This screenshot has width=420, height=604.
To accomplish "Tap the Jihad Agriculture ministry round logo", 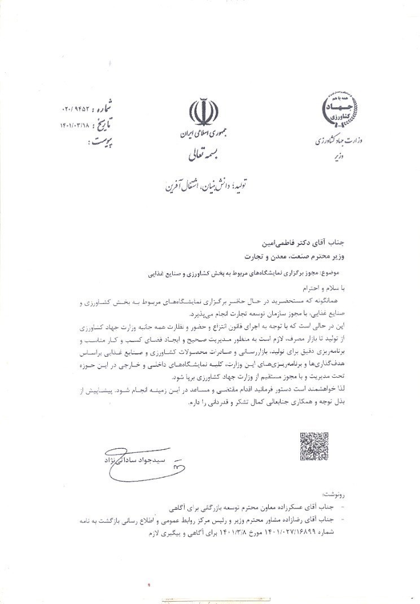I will pos(339,108).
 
